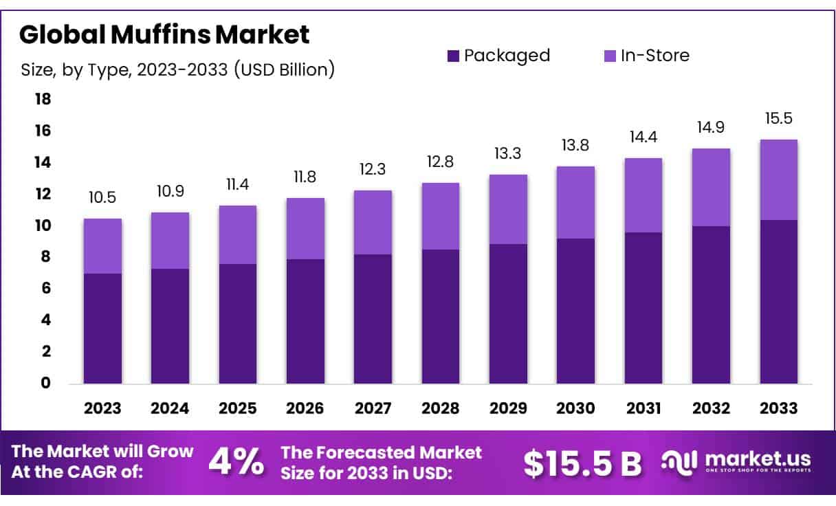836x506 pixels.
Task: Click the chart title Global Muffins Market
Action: pos(164,34)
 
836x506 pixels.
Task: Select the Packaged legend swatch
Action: pos(453,56)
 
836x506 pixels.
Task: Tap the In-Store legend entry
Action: pos(646,56)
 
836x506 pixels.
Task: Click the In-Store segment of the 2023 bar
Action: pos(103,246)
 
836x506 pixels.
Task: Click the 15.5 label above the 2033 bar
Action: pos(778,118)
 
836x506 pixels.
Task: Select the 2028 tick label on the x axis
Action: pos(441,408)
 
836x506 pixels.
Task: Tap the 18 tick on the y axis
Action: pos(43,100)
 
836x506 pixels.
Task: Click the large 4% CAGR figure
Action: pos(236,463)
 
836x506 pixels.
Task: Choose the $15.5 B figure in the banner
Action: pos(582,463)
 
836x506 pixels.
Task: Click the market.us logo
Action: pos(736,461)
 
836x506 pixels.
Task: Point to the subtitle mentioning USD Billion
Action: pos(177,69)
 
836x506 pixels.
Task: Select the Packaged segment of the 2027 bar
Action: pos(373,318)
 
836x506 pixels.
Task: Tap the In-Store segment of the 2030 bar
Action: pos(576,202)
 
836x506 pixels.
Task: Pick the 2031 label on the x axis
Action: pos(643,408)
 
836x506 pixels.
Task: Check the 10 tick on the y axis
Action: pos(43,225)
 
